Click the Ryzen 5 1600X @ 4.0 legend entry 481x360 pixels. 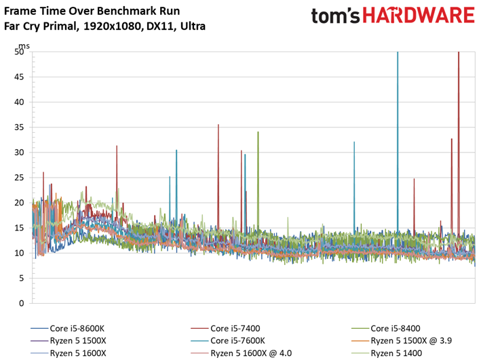click(250, 353)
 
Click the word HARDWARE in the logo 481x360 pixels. click(417, 16)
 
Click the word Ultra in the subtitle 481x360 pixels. click(191, 26)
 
